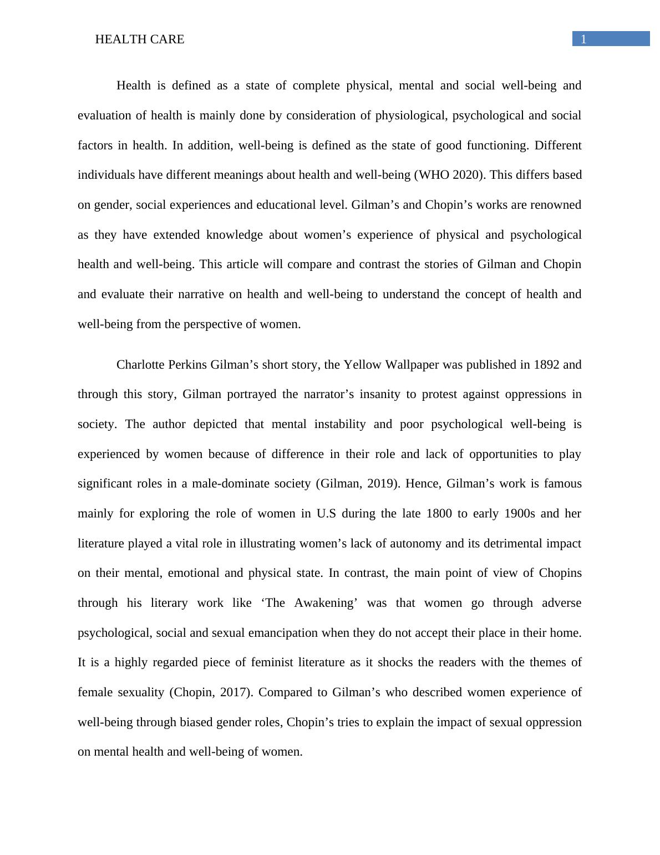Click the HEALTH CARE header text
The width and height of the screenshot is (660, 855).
140,39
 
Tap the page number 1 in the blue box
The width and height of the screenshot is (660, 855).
583,39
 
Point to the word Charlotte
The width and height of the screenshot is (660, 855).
140,365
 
